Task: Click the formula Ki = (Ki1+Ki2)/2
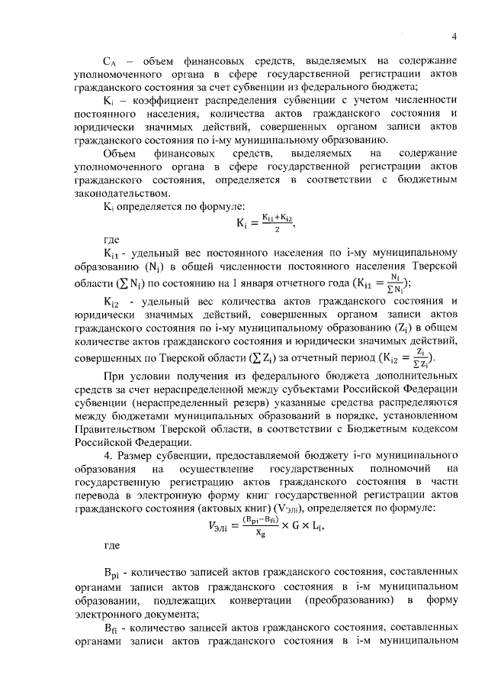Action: [265, 222]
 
